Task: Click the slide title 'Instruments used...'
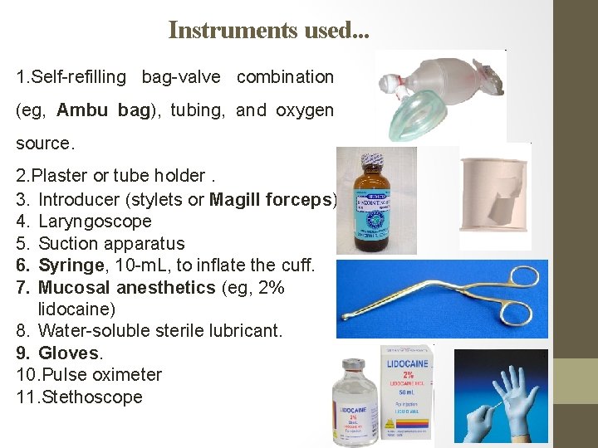269,31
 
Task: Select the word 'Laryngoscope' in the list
95,222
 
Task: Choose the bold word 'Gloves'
68,353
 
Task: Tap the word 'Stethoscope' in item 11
91,397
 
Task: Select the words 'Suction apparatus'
111,244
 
